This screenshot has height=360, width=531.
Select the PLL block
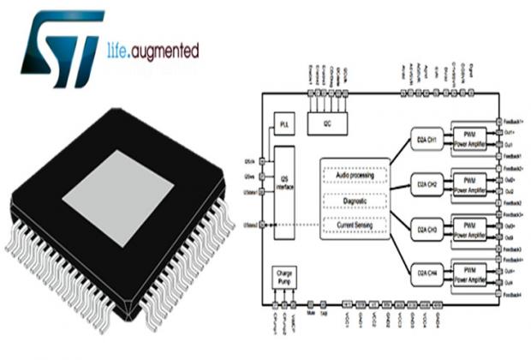pos(286,125)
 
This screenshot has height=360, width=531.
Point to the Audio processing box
pos(354,175)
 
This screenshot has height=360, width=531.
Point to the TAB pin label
pos(324,315)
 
